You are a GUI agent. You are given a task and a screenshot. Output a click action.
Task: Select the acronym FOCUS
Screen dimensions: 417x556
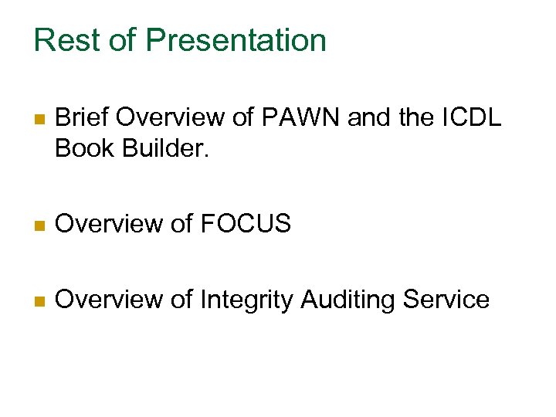click(x=246, y=224)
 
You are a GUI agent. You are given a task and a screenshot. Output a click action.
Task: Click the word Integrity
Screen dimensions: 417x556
click(x=246, y=300)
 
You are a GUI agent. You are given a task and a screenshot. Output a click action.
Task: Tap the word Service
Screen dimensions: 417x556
click(x=449, y=300)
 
